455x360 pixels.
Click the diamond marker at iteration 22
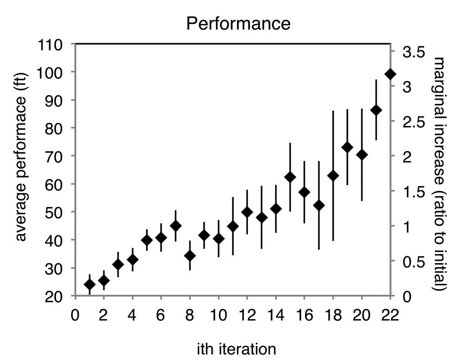coord(390,74)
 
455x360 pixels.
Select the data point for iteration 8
coord(190,256)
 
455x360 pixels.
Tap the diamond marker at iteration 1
coord(90,285)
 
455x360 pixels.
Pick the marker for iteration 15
coord(290,177)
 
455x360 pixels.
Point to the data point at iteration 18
coord(333,176)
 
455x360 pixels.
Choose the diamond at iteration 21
coord(376,110)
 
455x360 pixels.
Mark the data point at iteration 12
coord(247,212)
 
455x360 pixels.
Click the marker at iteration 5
coord(147,240)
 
